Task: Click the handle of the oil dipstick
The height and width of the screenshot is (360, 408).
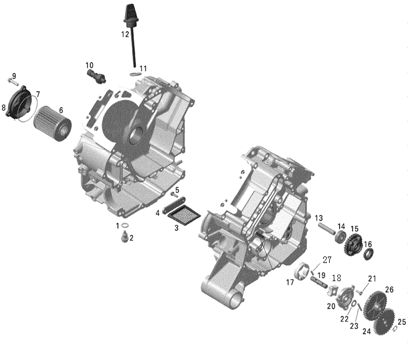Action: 130,13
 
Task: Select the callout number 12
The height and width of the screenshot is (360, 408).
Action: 125,34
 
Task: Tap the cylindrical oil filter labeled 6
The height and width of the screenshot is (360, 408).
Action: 53,123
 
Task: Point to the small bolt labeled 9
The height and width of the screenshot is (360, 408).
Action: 13,82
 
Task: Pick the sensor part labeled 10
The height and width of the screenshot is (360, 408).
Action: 96,76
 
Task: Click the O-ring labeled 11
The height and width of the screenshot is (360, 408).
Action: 135,74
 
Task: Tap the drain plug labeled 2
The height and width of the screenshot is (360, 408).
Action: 125,236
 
